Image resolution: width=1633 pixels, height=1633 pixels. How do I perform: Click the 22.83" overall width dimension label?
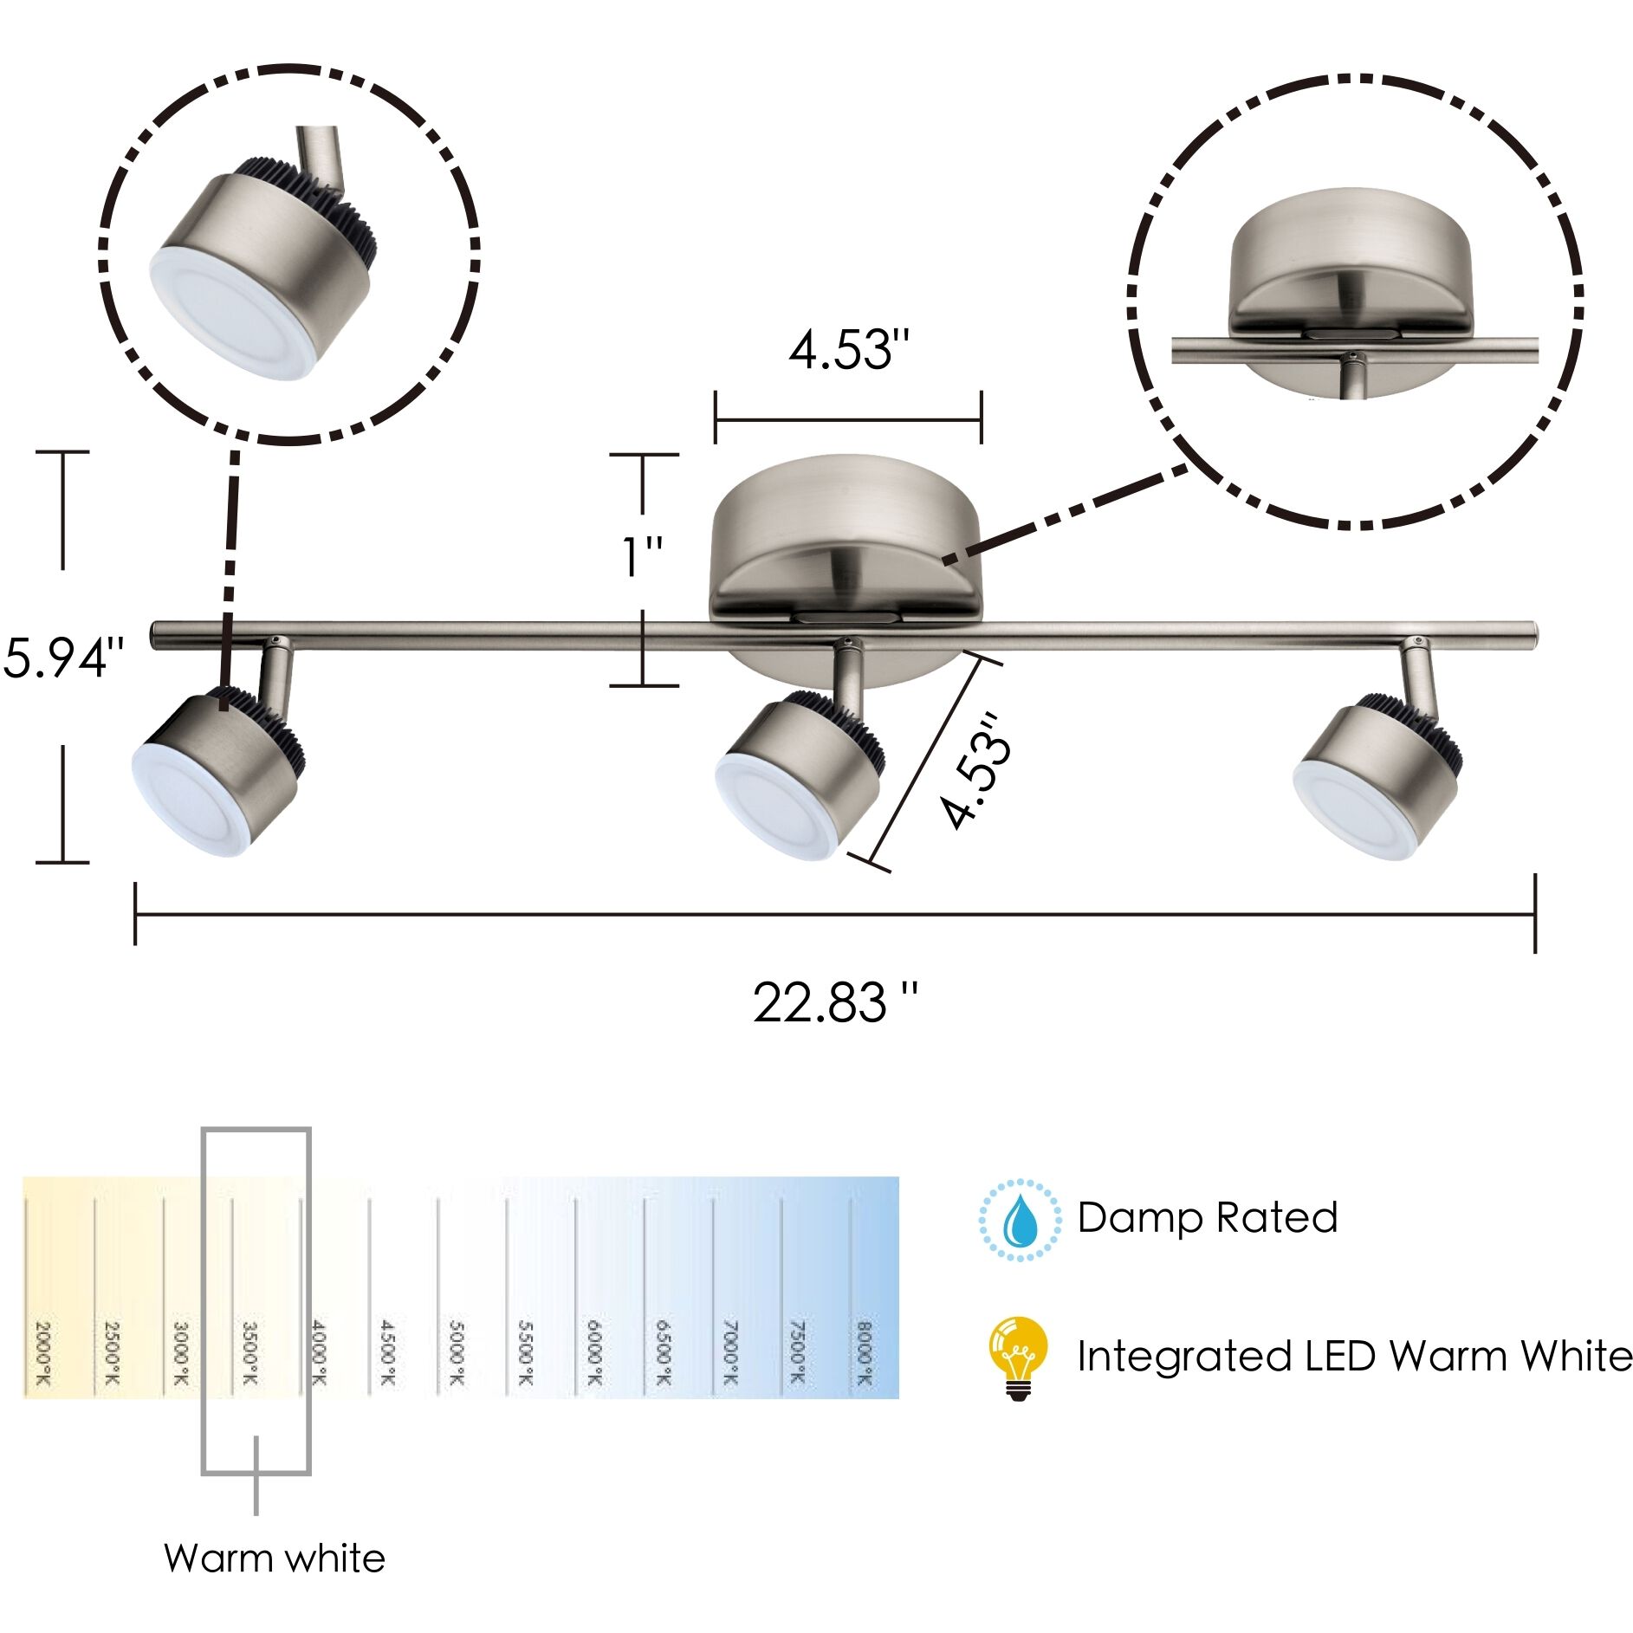[834, 1004]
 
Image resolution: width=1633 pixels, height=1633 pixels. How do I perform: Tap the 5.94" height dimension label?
[64, 658]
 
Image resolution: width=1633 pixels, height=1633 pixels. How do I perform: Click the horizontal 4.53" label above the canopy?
[849, 352]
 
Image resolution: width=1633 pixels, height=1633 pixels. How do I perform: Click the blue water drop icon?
[1020, 1220]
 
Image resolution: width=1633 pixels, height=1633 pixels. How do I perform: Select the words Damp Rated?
[1207, 1218]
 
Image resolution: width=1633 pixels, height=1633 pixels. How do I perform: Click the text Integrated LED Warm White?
[1353, 1357]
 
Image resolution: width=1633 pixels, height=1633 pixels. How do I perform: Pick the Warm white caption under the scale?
[275, 1558]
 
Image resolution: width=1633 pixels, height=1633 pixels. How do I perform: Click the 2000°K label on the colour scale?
[42, 1353]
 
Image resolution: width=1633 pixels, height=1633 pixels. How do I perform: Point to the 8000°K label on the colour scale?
[863, 1353]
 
